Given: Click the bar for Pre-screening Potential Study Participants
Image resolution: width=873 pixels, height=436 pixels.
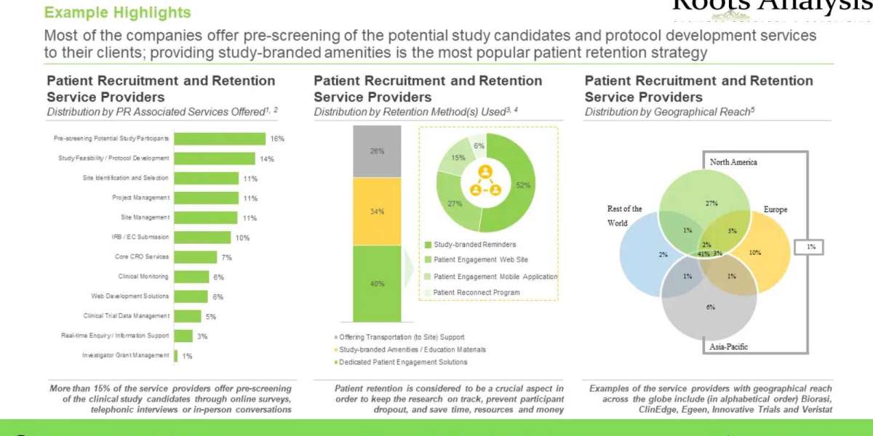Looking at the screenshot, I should point(220,139).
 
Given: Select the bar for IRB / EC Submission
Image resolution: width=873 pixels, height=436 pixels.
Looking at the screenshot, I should point(203,237).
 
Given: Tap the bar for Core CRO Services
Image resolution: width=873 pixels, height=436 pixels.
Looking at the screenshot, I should point(196,257).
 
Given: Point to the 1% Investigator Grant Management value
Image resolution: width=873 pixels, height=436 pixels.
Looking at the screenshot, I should point(188,355).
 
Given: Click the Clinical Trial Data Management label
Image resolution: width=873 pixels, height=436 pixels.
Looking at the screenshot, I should point(127,316).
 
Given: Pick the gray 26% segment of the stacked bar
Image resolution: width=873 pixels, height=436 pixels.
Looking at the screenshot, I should point(377,151).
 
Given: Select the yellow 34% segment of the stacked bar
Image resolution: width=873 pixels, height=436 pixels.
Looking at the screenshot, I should point(377,211).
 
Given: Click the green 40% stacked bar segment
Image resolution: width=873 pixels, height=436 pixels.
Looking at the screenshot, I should point(377,283).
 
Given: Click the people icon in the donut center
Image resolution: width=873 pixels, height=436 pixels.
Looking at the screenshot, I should point(485,180).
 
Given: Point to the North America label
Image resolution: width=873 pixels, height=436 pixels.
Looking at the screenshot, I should point(733,162).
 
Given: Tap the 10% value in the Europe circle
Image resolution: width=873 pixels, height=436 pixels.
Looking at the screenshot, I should point(754,253).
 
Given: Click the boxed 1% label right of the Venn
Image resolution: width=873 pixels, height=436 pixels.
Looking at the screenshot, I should point(810,248).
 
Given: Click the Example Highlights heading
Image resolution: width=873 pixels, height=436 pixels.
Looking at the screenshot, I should point(118,12).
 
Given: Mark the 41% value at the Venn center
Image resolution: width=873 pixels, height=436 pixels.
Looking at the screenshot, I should point(703,254).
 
